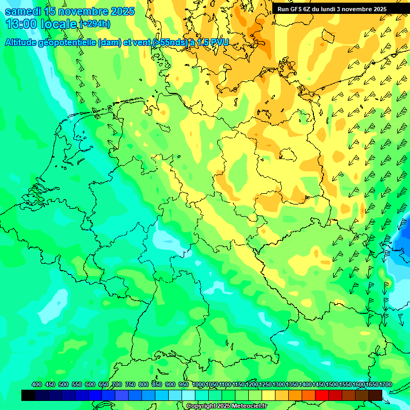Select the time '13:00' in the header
click(21, 24)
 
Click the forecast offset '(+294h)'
click(94, 24)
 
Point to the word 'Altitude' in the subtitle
click(22, 42)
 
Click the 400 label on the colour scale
click(37, 385)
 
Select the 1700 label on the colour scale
click(372, 385)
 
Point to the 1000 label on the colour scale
click(198, 385)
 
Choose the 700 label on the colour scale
click(117, 385)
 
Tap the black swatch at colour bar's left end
click(28, 395)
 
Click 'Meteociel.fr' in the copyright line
click(247, 406)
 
